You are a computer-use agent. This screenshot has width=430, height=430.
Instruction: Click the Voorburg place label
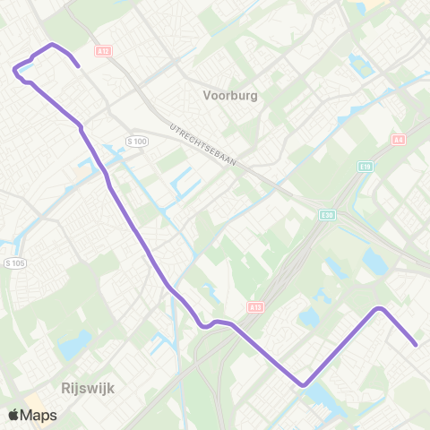pos(231,93)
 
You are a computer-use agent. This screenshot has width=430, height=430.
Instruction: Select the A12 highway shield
pos(104,52)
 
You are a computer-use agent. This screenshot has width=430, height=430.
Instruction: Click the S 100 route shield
pos(137,142)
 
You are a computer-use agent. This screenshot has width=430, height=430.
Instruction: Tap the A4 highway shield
pos(399,139)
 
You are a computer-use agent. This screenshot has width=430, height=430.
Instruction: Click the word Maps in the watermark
pos(40,415)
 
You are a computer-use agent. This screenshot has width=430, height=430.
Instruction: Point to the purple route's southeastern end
pos(417,343)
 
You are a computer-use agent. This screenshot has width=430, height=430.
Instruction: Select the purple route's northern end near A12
pos(79,65)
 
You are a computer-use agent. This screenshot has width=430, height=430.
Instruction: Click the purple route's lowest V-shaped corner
pos(304,385)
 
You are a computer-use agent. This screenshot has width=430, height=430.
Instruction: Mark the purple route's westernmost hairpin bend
pos(15,69)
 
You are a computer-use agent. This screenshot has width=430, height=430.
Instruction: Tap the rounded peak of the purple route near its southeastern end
pos(380,309)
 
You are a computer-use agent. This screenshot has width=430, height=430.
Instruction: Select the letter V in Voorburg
pos(208,93)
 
